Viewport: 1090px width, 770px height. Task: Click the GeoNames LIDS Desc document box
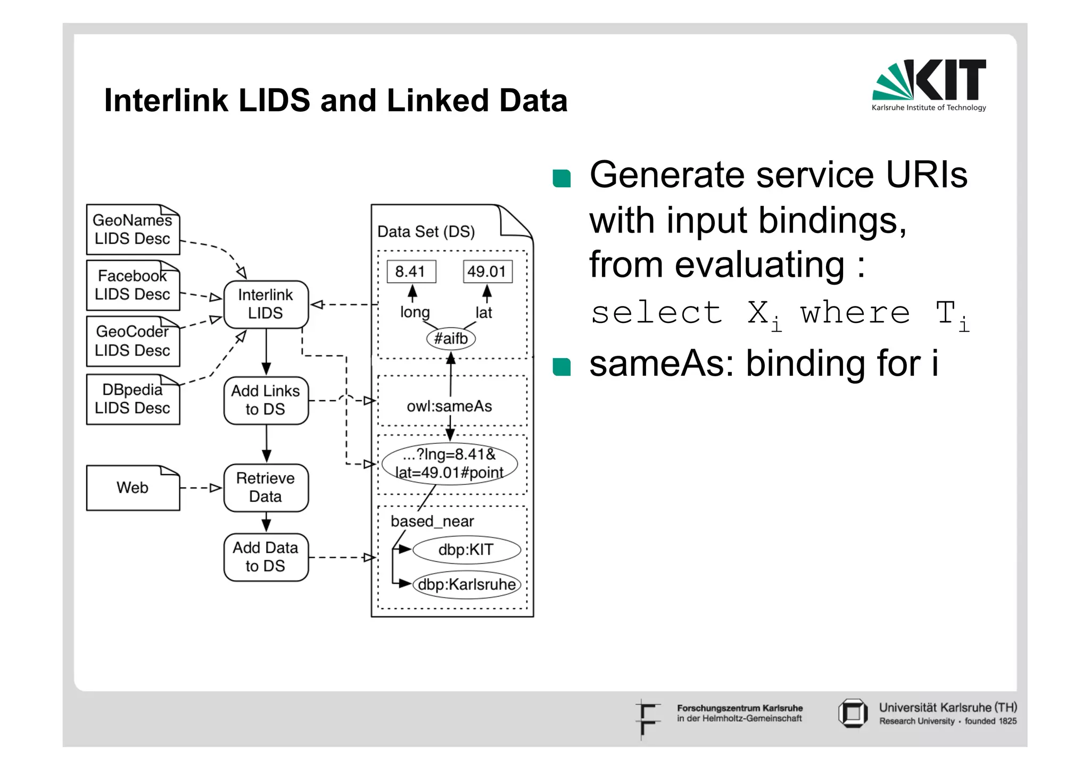(133, 230)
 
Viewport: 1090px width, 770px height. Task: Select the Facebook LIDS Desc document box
(133, 285)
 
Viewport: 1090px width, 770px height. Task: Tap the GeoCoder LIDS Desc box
(133, 341)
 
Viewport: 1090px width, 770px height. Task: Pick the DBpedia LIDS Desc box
(133, 399)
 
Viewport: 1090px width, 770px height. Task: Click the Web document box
(133, 488)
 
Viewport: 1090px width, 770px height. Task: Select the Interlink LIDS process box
(266, 304)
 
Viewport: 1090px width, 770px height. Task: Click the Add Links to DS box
(266, 400)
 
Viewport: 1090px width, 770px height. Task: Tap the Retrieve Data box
(266, 487)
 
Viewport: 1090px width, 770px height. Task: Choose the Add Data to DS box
(266, 557)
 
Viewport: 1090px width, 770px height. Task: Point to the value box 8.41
(411, 271)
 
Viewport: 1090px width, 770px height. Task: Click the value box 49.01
(487, 271)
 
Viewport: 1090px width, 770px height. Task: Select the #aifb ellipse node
(451, 338)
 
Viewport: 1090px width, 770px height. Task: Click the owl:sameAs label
(450, 407)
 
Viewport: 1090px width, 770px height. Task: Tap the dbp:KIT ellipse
(466, 550)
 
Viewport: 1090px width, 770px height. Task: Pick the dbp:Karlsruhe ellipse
(466, 585)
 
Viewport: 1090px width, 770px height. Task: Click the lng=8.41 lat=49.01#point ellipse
(450, 464)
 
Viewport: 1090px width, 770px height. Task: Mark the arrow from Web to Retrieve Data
(201, 488)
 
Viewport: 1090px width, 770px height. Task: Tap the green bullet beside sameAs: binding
(561, 367)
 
